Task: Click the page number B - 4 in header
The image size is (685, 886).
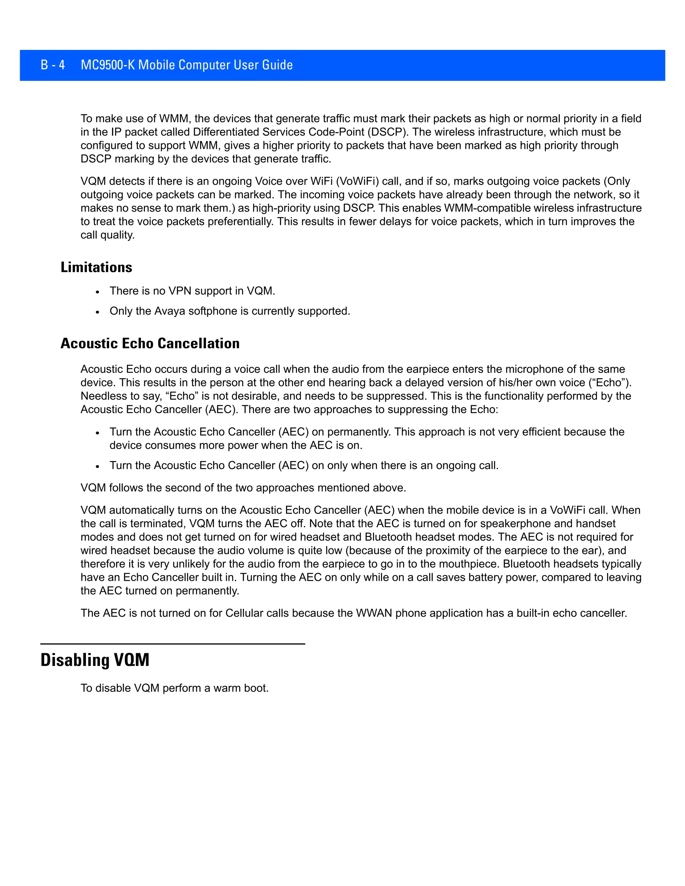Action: (x=53, y=65)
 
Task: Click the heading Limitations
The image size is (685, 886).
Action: (x=96, y=267)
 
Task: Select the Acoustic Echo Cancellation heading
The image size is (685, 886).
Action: (x=150, y=343)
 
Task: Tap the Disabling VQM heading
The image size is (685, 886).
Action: (x=95, y=660)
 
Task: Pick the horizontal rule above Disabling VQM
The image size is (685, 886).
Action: (x=173, y=643)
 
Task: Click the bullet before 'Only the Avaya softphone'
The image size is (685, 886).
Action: (x=97, y=312)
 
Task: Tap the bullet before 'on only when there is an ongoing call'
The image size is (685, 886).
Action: (x=97, y=466)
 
